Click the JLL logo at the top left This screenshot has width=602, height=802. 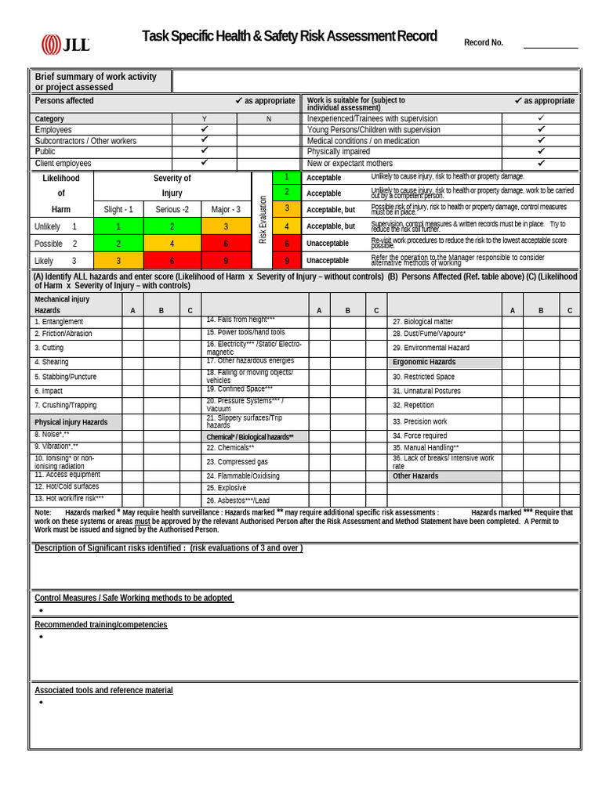click(66, 44)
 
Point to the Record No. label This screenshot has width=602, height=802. click(484, 43)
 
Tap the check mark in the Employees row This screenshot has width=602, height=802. click(204, 129)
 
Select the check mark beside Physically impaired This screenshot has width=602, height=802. click(541, 151)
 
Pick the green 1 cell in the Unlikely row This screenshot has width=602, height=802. click(118, 226)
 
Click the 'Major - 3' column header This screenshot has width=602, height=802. click(226, 209)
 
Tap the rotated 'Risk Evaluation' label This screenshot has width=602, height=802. click(263, 219)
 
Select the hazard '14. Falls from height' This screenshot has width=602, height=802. click(241, 320)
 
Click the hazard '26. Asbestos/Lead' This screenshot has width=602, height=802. click(238, 500)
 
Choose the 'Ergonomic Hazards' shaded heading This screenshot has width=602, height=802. click(424, 362)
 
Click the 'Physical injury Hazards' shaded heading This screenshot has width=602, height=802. click(71, 422)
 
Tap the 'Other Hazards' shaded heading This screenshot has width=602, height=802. click(415, 476)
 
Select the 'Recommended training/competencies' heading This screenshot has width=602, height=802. click(100, 624)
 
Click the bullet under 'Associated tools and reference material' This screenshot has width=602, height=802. click(40, 703)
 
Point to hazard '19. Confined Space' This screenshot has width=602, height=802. click(240, 389)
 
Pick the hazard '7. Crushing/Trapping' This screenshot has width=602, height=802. click(66, 405)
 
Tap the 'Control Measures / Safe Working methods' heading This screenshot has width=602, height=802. click(133, 598)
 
